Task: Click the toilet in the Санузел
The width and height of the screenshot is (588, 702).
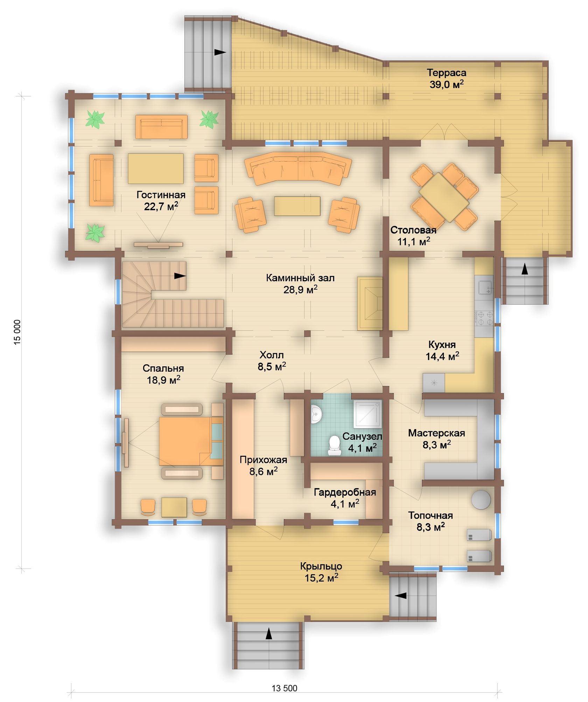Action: (334, 445)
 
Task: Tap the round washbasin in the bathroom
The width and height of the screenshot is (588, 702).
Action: (316, 414)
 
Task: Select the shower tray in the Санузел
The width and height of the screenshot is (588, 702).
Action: (367, 414)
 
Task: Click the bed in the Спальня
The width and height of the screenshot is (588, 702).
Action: (191, 441)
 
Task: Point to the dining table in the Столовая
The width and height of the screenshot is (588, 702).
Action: (444, 197)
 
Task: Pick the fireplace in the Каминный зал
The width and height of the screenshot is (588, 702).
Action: (370, 303)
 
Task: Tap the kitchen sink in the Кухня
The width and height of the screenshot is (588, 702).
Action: (485, 284)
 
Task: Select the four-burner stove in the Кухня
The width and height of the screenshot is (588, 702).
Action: (484, 319)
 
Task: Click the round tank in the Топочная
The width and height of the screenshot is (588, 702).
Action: (481, 499)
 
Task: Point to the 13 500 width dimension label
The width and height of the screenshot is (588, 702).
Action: (285, 688)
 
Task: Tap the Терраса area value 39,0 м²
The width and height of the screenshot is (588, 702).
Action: (447, 84)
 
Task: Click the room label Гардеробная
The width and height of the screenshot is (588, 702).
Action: (345, 492)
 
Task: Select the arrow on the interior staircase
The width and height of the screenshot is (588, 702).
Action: (180, 276)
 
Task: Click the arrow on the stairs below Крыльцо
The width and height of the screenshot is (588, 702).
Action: (269, 633)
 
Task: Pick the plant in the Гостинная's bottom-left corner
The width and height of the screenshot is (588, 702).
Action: (95, 233)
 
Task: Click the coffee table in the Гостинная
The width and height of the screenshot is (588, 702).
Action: (156, 168)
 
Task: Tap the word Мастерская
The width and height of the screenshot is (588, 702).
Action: (436, 433)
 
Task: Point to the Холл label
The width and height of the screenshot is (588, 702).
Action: (272, 355)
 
